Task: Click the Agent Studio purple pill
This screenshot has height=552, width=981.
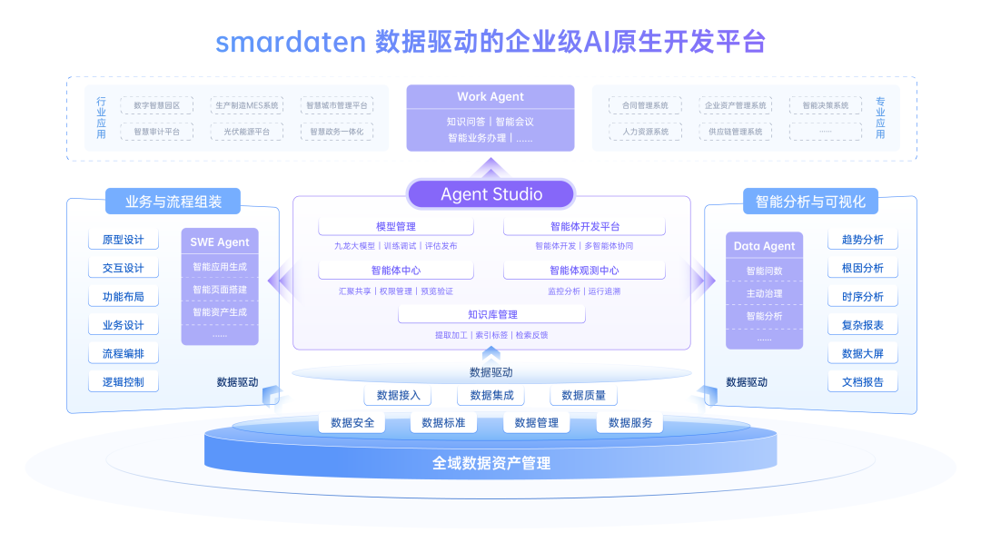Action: (490, 194)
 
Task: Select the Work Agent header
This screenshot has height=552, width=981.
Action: (490, 97)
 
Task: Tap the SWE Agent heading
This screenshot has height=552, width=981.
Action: (220, 242)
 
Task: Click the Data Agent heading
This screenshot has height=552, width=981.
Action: (764, 246)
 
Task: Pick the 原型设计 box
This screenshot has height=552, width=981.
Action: (124, 241)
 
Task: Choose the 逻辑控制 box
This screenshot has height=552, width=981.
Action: (124, 382)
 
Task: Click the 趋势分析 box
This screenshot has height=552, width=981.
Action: (862, 241)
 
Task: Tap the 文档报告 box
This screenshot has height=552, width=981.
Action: (862, 382)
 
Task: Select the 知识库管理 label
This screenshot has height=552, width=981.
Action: (492, 315)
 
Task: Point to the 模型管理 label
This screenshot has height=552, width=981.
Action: (395, 227)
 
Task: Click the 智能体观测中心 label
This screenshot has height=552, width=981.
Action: (584, 271)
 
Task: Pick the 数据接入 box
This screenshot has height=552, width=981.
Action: (398, 396)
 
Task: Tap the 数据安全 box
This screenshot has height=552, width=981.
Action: (352, 423)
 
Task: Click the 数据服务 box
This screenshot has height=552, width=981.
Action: (630, 423)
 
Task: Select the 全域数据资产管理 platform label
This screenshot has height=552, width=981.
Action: (490, 464)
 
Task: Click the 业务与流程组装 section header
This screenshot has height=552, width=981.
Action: (173, 202)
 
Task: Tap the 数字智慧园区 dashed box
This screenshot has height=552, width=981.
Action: (156, 106)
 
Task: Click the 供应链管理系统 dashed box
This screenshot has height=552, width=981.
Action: (736, 132)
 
